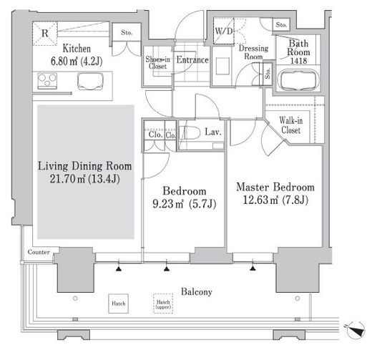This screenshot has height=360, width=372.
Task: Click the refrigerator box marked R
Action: [x=45, y=34]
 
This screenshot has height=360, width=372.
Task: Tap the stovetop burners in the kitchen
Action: [x=47, y=81]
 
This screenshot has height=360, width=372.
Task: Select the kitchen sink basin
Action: [x=90, y=81]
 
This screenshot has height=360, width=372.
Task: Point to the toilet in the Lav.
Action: [x=190, y=132]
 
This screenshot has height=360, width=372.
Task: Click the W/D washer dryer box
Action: [x=224, y=31]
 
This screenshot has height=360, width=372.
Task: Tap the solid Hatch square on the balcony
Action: [x=119, y=303]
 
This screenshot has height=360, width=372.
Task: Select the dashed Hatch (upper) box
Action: [x=163, y=303]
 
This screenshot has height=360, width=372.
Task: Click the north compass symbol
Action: [x=356, y=330]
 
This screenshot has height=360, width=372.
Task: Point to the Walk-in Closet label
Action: [x=291, y=125]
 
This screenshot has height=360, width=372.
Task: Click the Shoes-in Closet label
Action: [x=157, y=62]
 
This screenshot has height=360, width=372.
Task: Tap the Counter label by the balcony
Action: [x=39, y=252]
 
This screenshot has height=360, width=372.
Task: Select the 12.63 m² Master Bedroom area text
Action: [x=275, y=200]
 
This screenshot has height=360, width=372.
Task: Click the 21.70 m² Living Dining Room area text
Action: [x=84, y=179]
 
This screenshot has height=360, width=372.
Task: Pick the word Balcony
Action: [x=197, y=292]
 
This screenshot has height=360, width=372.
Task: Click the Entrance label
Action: [x=192, y=59]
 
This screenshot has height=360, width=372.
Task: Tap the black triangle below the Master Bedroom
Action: [x=253, y=268]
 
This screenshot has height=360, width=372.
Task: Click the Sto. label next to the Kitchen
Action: [x=127, y=32]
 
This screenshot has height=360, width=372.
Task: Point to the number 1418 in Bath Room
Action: [x=298, y=61]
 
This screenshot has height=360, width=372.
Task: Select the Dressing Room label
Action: [x=253, y=52]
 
